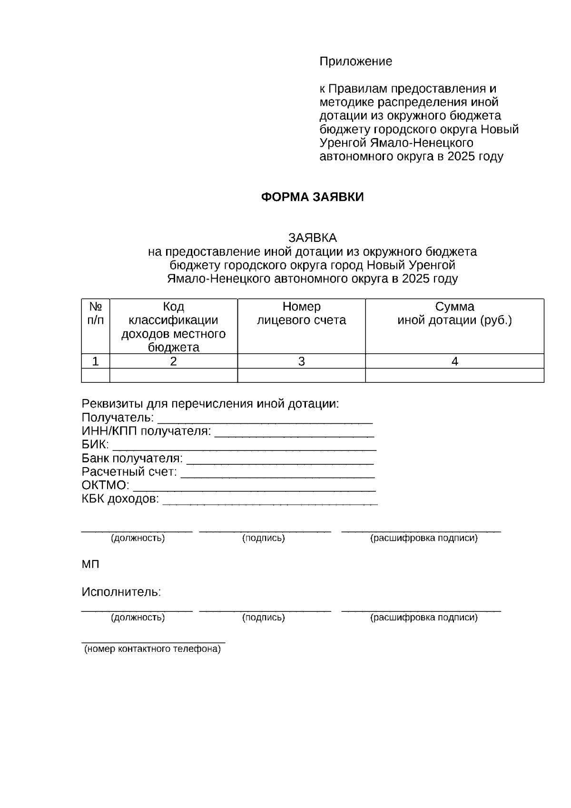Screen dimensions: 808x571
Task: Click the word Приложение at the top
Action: click(x=355, y=61)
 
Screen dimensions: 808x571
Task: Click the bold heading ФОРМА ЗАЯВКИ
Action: click(x=312, y=197)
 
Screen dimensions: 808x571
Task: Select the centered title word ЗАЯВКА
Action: click(x=312, y=238)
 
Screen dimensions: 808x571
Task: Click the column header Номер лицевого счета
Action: click(x=301, y=313)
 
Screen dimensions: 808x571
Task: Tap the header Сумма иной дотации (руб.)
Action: click(x=454, y=313)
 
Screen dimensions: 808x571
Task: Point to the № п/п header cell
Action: click(x=96, y=313)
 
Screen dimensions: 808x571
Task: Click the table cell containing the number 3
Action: click(x=301, y=361)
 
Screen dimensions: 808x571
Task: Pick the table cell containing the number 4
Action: click(x=454, y=361)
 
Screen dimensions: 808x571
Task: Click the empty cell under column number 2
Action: click(x=174, y=375)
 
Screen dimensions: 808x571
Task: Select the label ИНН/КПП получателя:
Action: click(x=146, y=431)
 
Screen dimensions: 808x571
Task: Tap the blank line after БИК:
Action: click(x=244, y=447)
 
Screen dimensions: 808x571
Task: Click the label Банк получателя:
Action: click(x=132, y=459)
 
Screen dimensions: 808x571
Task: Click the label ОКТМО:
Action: click(x=105, y=486)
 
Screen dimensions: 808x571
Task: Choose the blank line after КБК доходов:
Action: click(x=270, y=501)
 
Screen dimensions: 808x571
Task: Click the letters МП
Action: click(x=90, y=565)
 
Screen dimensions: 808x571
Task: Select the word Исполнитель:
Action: click(x=121, y=592)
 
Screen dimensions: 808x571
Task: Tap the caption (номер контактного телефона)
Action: click(x=152, y=649)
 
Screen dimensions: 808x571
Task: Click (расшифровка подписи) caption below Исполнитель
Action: click(x=423, y=618)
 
